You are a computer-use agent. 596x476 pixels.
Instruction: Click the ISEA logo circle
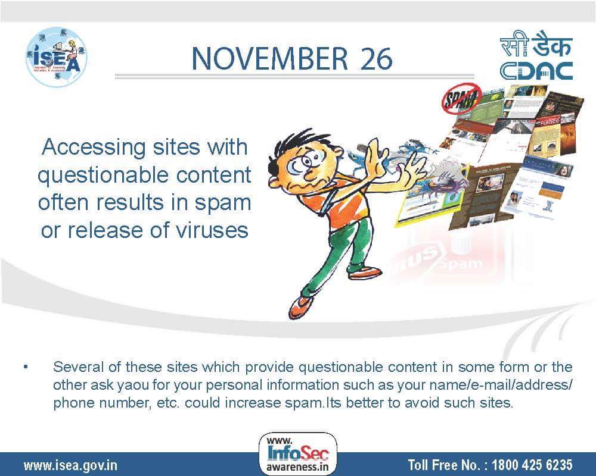tap(57, 57)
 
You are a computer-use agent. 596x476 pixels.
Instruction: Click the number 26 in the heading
tap(375, 58)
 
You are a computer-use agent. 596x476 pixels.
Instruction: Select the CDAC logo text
tap(536, 70)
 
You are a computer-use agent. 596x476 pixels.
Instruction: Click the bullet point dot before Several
tap(26, 367)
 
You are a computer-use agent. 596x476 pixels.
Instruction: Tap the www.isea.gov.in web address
tap(70, 464)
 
